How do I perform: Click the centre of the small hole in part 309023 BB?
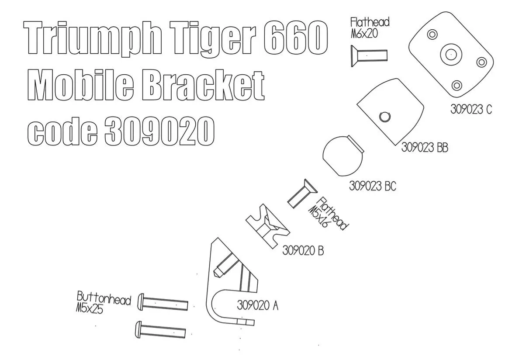(384, 117)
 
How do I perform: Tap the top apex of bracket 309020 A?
(217, 238)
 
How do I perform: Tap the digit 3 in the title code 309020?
(118, 130)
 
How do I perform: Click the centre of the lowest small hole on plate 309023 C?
(457, 85)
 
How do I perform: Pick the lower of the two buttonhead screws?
(160, 330)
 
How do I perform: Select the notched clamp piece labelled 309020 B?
(267, 226)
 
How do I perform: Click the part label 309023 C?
(471, 109)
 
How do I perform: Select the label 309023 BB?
(425, 147)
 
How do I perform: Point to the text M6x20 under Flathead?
(364, 33)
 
